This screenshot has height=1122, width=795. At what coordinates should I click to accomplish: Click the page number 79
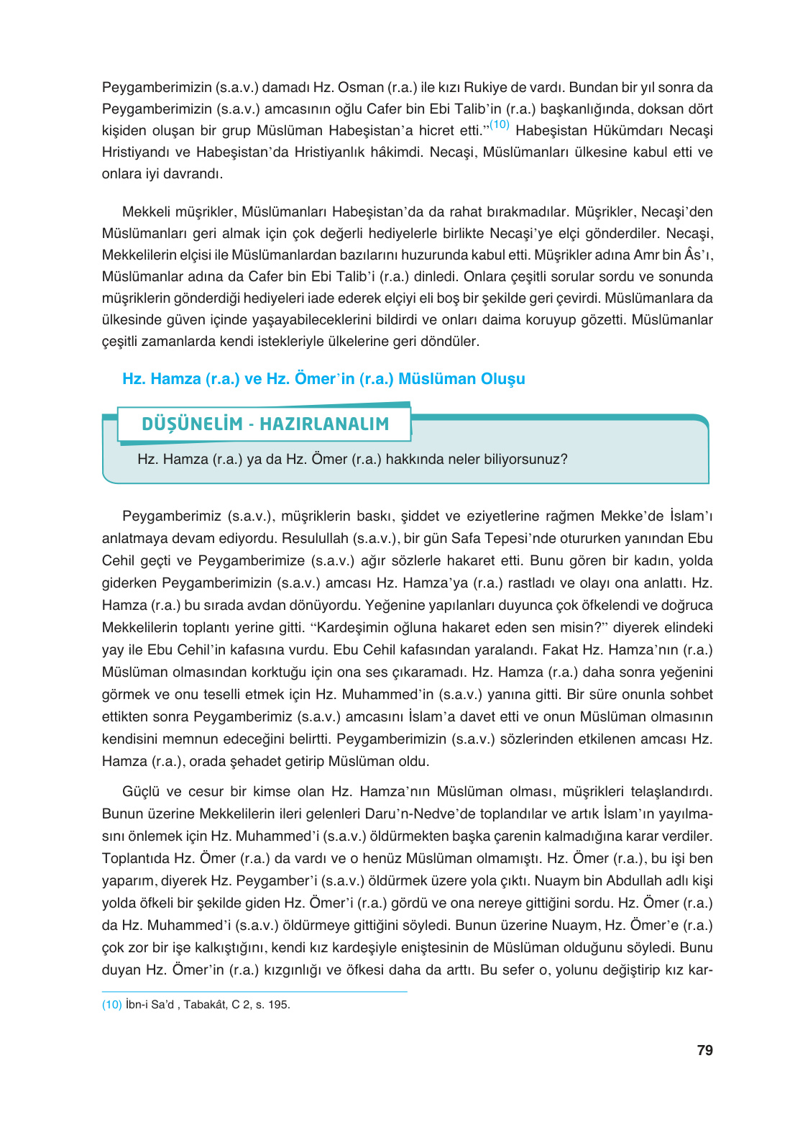click(704, 1050)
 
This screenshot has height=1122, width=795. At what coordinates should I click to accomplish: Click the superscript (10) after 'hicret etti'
click(499, 125)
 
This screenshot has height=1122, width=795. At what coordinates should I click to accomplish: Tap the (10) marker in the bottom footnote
click(111, 1005)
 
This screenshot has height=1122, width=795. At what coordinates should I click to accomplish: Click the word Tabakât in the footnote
click(205, 1005)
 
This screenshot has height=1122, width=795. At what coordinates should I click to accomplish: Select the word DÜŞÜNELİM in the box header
click(192, 424)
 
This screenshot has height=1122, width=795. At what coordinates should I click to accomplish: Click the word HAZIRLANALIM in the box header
click(324, 424)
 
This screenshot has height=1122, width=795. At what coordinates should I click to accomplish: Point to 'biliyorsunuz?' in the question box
click(527, 459)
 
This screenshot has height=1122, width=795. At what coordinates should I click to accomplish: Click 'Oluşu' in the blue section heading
click(502, 378)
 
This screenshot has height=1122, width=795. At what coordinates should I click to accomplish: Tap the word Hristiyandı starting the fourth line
click(137, 152)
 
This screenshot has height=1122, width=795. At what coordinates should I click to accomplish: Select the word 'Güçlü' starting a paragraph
click(141, 791)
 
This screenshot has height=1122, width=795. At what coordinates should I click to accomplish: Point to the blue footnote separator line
click(254, 992)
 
